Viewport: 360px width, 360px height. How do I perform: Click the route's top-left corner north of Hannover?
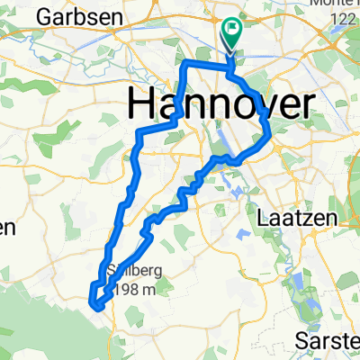(184, 65)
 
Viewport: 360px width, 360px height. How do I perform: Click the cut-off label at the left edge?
(7, 229)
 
